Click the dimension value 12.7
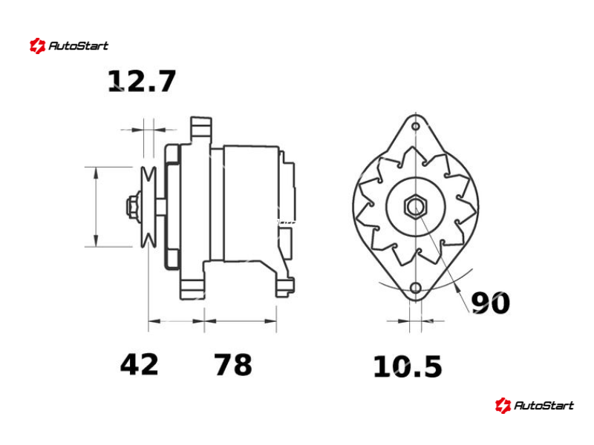point(142,82)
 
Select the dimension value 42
point(139,364)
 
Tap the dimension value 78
point(233,364)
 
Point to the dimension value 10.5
point(408,366)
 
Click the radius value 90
point(491,303)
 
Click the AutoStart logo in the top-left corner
point(69,46)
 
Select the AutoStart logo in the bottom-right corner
point(534,405)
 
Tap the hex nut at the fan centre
point(416,207)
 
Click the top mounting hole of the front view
point(416,126)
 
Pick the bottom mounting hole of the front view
point(416,288)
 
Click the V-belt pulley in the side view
point(148,207)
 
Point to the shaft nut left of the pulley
point(133,207)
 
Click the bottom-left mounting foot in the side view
point(193,289)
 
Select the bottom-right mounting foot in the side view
point(285,288)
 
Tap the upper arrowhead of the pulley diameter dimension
point(97,173)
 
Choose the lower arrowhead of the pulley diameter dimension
point(97,240)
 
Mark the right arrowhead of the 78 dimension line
point(270,321)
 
